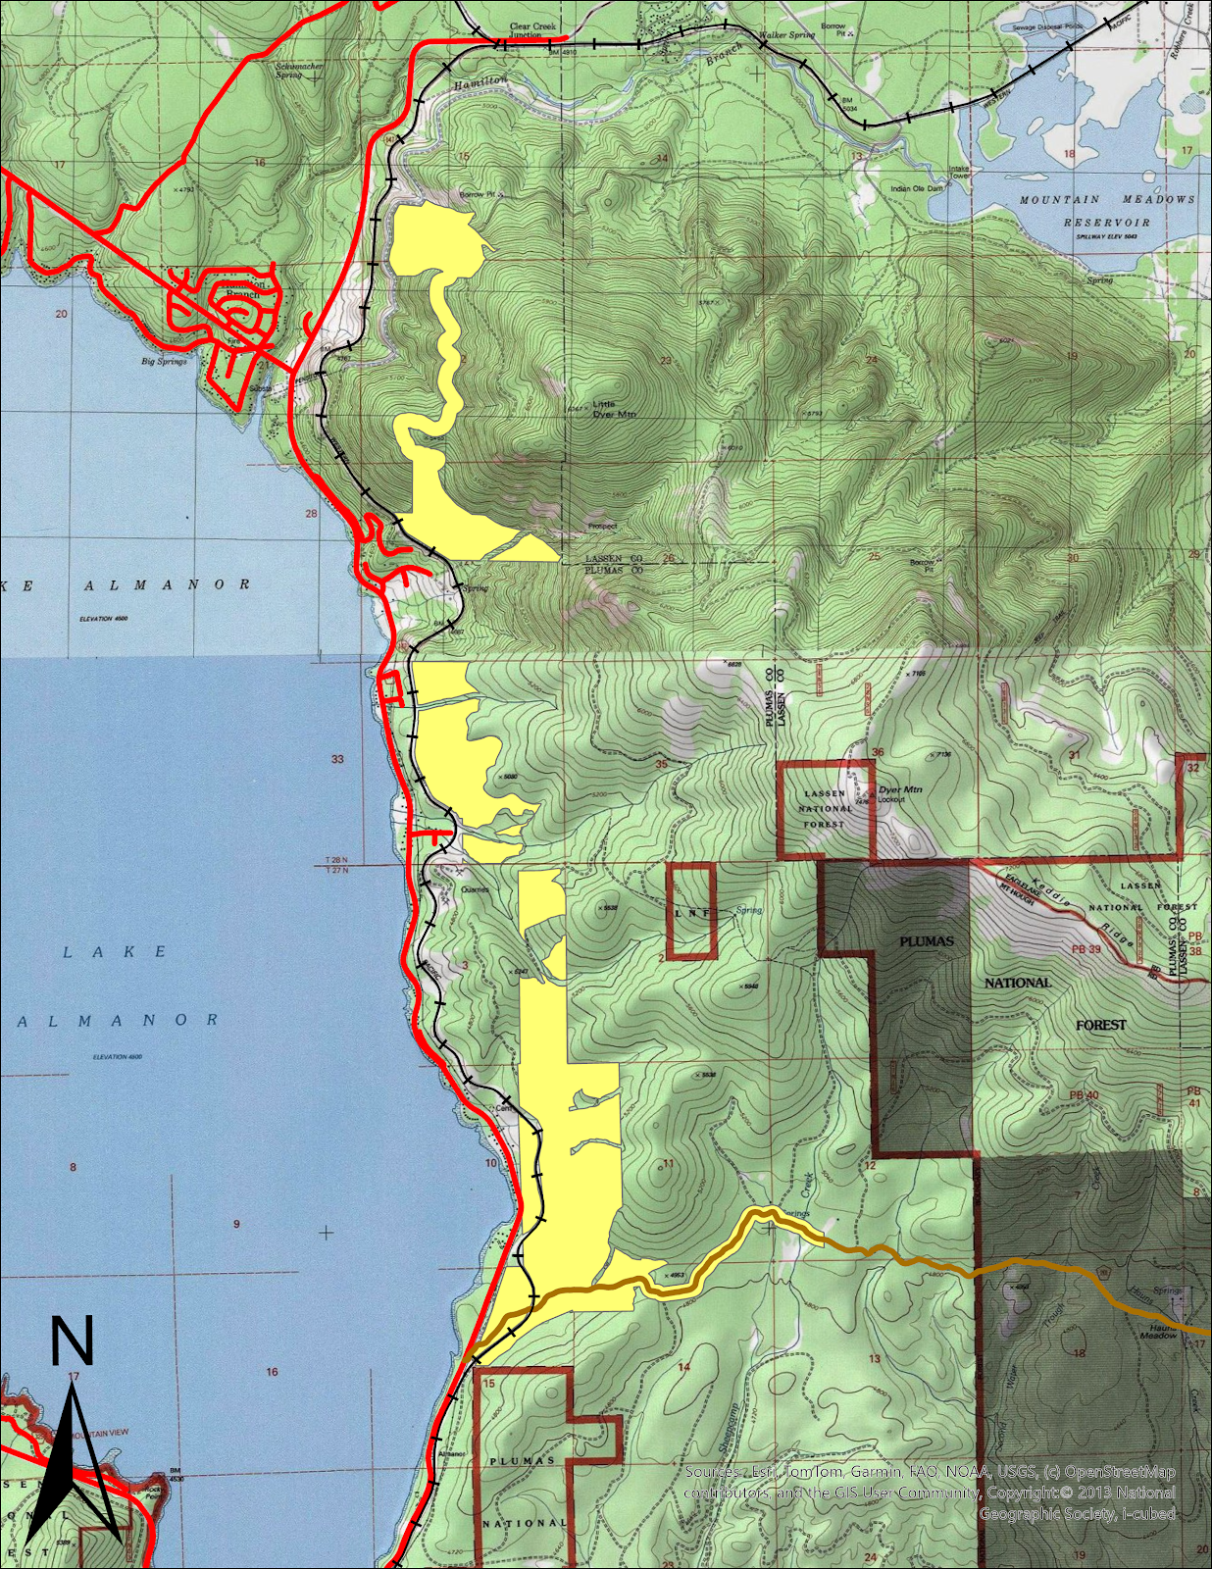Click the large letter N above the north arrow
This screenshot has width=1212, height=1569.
point(72,1342)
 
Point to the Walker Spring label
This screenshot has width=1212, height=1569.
point(789,35)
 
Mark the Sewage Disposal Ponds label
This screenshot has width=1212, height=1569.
point(1052,27)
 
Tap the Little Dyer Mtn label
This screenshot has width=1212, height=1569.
point(612,409)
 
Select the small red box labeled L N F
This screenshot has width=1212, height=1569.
point(691,912)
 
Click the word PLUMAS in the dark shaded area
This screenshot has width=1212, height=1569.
point(927,941)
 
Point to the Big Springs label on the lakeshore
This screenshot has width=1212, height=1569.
point(164,362)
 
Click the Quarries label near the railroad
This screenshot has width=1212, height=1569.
point(474,889)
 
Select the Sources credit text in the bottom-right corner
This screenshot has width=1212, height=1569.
point(930,1493)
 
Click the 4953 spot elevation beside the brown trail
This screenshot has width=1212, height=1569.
point(674,1276)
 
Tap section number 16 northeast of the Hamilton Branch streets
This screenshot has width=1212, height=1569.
point(259,163)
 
